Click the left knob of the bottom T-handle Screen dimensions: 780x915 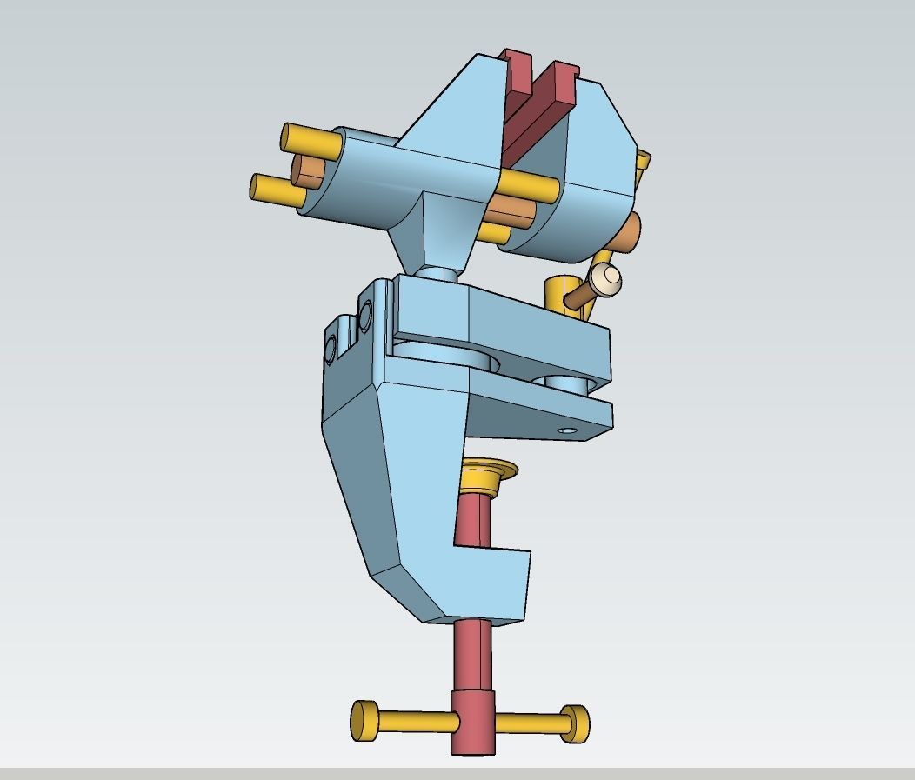point(364,720)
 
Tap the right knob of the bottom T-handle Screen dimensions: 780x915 point(575,723)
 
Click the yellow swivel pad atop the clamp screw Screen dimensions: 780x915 point(488,474)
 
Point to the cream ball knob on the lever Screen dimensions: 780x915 point(606,279)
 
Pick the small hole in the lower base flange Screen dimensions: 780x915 point(567,430)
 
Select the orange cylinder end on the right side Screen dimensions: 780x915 point(630,232)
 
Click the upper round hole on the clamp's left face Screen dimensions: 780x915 point(364,314)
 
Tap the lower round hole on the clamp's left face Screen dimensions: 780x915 point(331,350)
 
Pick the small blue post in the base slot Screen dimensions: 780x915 point(571,383)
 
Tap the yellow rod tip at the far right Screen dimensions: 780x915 point(643,161)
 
